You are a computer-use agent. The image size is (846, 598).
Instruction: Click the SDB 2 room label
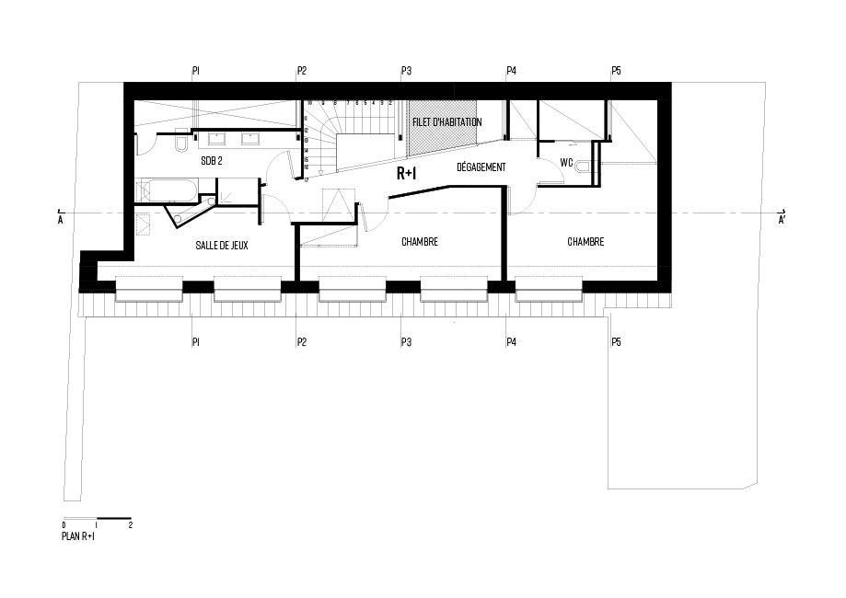[x=213, y=160]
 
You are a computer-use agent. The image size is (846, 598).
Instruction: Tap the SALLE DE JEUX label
[x=222, y=246]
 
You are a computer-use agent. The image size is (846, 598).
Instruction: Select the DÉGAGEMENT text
[x=481, y=167]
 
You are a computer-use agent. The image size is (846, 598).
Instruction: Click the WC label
[x=567, y=163]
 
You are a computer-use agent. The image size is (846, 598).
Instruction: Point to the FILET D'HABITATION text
[x=447, y=121]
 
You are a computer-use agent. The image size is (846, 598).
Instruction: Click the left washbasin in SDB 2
[x=218, y=140]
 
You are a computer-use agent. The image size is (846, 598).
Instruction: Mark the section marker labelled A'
[x=782, y=220]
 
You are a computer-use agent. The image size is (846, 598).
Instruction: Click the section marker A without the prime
[x=60, y=220]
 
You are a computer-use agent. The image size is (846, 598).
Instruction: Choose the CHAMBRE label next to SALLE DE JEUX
[x=419, y=242]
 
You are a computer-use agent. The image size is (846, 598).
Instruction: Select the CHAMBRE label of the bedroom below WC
[x=585, y=242]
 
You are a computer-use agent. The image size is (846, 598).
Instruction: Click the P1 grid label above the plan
[x=195, y=70]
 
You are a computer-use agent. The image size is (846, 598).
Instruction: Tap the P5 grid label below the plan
[x=616, y=342]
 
